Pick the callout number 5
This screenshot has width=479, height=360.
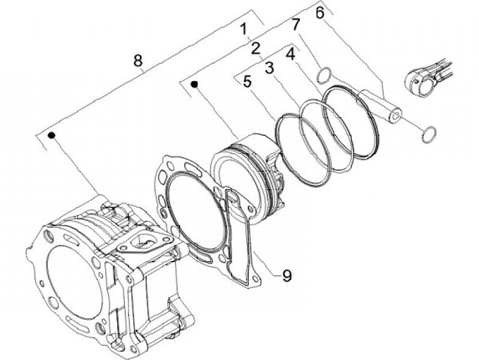click(247, 83)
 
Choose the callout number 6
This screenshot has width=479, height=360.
click(320, 12)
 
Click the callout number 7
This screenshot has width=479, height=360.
click(296, 24)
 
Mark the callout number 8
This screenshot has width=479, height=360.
click(138, 61)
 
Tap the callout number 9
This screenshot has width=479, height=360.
click(287, 275)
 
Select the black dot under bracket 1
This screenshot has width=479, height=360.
click(196, 84)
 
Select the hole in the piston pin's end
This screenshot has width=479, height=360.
click(396, 117)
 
